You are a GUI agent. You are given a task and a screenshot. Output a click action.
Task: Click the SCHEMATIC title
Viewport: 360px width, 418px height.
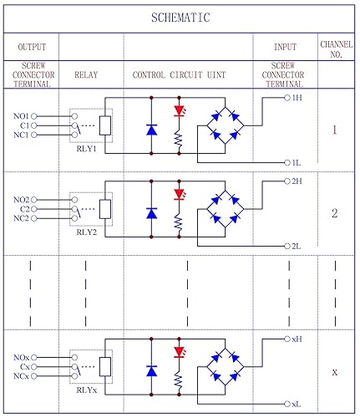click(x=180, y=18)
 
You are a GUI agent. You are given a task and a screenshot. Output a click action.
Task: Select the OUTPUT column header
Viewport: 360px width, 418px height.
click(x=31, y=47)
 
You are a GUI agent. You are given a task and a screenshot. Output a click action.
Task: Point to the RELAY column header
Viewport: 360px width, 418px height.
click(x=86, y=74)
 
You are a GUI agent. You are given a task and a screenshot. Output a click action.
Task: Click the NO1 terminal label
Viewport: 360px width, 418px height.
click(x=22, y=115)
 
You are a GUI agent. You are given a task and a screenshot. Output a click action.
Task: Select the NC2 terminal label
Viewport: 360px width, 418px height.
click(x=22, y=218)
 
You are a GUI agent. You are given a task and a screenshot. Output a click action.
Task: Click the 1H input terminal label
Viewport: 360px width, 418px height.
click(x=297, y=98)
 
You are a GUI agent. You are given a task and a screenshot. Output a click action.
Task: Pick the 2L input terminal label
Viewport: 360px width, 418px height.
click(x=297, y=246)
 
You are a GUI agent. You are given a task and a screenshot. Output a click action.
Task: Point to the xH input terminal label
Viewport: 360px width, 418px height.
click(x=296, y=339)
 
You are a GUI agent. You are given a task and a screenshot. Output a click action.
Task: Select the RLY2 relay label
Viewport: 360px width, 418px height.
click(x=87, y=233)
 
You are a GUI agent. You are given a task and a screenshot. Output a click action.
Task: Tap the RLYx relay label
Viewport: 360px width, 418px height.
click(x=87, y=390)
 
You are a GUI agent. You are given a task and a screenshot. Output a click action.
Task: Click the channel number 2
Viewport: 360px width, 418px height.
click(x=334, y=213)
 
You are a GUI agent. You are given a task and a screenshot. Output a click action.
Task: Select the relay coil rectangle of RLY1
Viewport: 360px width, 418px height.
click(x=105, y=125)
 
